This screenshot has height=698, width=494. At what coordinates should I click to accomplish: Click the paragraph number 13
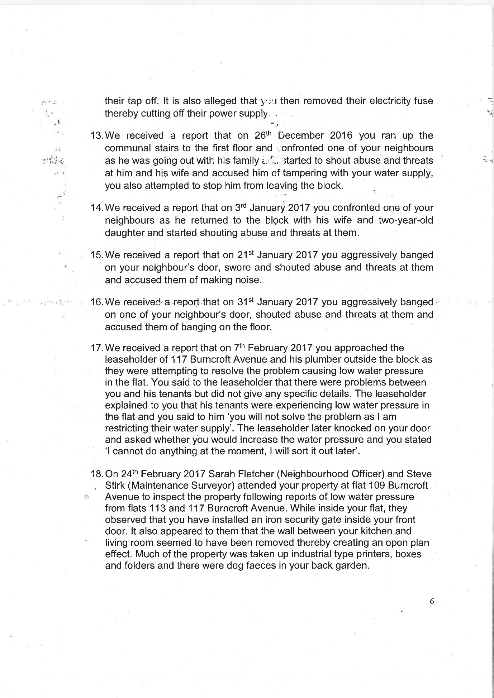tap(97, 136)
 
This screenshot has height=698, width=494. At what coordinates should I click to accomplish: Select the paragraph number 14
tap(97, 208)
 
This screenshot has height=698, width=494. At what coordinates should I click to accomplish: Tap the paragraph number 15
tap(97, 255)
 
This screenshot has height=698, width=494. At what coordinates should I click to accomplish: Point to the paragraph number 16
tap(97, 302)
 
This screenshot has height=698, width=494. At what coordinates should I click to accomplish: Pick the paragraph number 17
tap(97, 348)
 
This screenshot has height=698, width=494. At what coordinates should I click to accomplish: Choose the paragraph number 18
tap(97, 474)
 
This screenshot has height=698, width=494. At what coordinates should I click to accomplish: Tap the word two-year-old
tap(406, 220)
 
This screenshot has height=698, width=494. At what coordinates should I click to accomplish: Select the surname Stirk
tap(114, 486)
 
